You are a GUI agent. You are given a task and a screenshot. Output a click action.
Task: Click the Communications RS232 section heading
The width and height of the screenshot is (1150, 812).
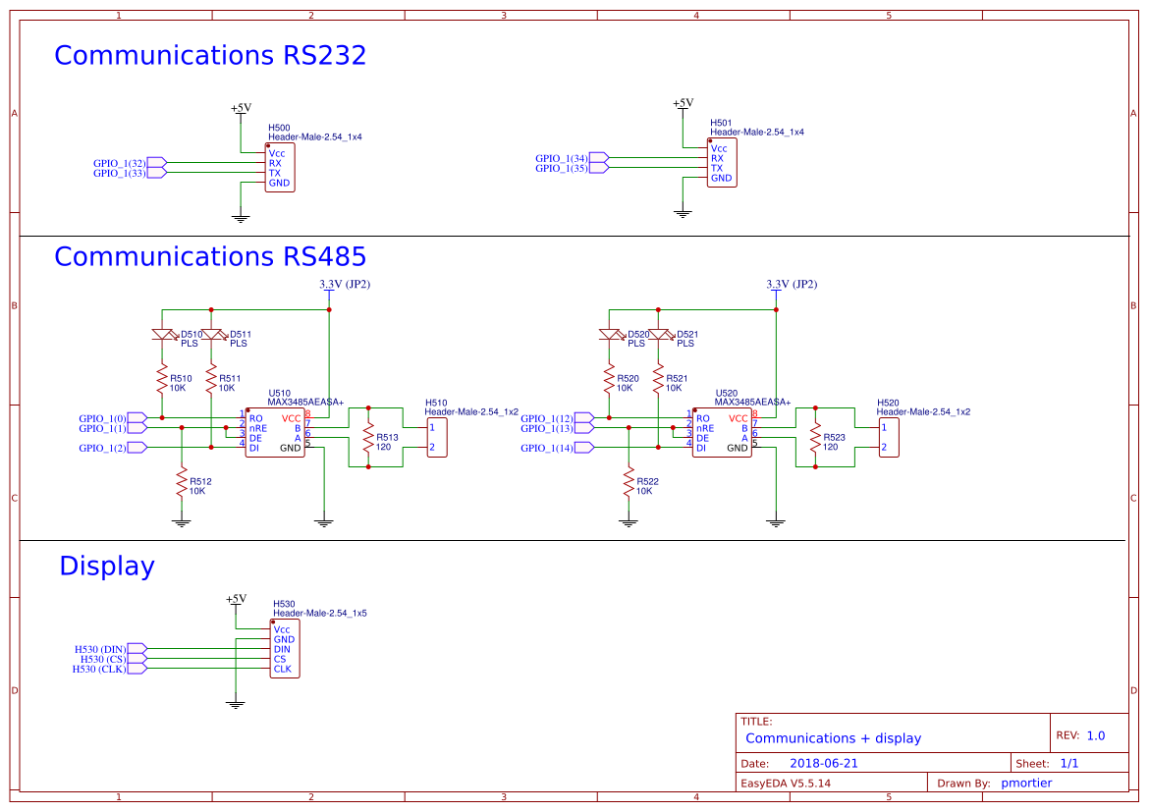pyautogui.click(x=209, y=55)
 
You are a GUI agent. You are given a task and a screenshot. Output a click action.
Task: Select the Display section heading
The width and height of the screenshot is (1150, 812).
pyautogui.click(x=106, y=567)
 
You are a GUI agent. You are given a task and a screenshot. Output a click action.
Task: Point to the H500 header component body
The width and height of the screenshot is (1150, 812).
pyautogui.click(x=279, y=168)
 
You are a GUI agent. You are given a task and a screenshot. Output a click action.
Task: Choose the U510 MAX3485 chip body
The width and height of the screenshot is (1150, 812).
pyautogui.click(x=275, y=433)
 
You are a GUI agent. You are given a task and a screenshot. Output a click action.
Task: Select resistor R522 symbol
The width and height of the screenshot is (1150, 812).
pyautogui.click(x=629, y=484)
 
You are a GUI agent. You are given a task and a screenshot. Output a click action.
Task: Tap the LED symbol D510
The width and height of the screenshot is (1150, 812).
pyautogui.click(x=162, y=335)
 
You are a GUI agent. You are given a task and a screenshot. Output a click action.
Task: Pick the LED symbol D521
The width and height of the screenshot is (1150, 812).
pyautogui.click(x=659, y=335)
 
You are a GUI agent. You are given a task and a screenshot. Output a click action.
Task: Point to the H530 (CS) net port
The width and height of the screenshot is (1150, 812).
pyautogui.click(x=137, y=659)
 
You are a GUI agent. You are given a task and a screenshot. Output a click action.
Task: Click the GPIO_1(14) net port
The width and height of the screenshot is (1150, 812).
pyautogui.click(x=584, y=448)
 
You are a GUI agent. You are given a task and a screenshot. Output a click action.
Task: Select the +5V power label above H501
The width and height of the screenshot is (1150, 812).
pyautogui.click(x=683, y=103)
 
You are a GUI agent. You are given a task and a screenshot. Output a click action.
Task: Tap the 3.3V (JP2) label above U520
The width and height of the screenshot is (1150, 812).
pyautogui.click(x=791, y=285)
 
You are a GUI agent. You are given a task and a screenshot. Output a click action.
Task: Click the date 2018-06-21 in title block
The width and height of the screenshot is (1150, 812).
pyautogui.click(x=823, y=763)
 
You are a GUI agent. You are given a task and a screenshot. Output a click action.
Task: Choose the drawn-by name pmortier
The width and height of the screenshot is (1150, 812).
pyautogui.click(x=1028, y=784)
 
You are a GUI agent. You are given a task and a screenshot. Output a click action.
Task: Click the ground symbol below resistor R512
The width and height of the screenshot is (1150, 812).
pyautogui.click(x=181, y=522)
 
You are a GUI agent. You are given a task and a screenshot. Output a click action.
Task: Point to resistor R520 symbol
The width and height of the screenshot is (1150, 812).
pyautogui.click(x=609, y=380)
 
